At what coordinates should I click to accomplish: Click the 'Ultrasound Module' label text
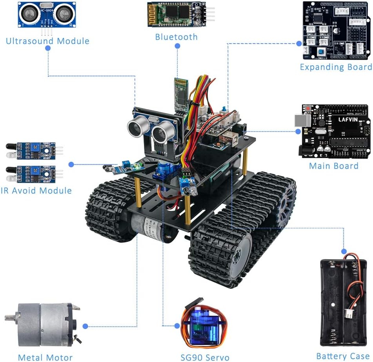click(47, 41)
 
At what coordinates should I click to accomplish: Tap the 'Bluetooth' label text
click(176, 37)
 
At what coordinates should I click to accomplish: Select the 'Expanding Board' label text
click(336, 67)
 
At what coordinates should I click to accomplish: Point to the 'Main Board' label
click(333, 166)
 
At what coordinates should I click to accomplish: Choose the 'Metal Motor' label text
click(45, 357)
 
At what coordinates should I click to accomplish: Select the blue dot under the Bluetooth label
click(177, 46)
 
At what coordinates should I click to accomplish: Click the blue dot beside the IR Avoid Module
click(71, 164)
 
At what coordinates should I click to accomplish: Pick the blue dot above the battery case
click(344, 251)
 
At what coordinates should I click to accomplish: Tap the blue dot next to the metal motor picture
click(86, 326)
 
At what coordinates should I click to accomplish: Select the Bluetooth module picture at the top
click(176, 15)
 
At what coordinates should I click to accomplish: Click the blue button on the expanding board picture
click(321, 52)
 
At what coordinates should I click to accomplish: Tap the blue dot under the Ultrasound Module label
click(48, 48)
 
